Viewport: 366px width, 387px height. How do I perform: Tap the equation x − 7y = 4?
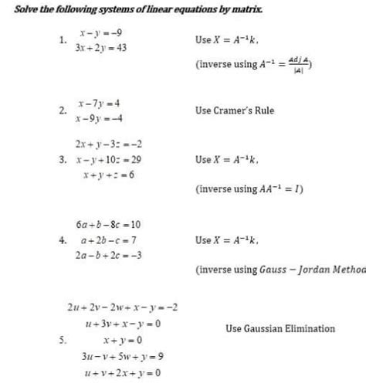98,103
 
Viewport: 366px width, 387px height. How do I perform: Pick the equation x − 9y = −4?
98,117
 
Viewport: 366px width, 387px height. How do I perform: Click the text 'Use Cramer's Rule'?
235,110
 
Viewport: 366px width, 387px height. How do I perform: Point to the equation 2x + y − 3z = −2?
107,144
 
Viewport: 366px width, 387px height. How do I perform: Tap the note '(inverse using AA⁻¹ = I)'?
250,187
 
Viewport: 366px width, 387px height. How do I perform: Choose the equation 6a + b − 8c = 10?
107,225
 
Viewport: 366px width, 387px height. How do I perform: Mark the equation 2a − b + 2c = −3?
108,256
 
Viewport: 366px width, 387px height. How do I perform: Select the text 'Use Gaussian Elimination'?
280,328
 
